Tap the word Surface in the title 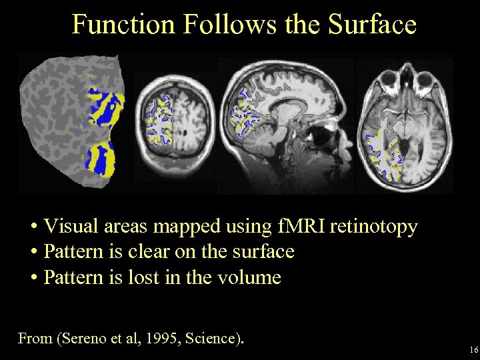[x=372, y=24]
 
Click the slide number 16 [x=473, y=349]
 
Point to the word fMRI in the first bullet [x=295, y=227]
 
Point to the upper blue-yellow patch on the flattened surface [x=105, y=107]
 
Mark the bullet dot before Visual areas [x=33, y=227]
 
